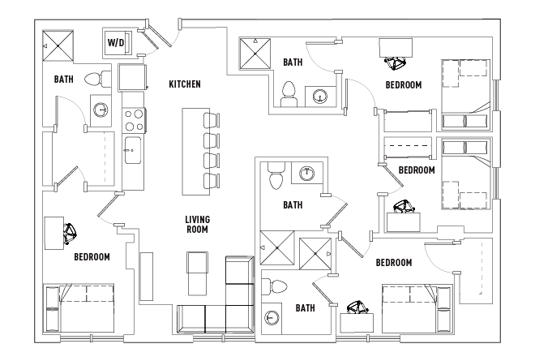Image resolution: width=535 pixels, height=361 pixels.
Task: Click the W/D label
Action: [116, 43]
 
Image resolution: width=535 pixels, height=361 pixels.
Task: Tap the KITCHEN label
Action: [185, 84]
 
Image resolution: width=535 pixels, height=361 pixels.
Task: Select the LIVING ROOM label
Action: [197, 225]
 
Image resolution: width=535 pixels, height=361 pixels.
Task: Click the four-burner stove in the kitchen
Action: [134, 120]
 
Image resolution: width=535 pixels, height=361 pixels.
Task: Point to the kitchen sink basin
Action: [133, 150]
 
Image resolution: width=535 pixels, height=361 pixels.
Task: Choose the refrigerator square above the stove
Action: [132, 77]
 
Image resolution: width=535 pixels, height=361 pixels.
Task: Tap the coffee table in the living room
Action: [197, 273]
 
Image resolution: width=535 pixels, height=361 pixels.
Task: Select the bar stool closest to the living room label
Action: [212, 181]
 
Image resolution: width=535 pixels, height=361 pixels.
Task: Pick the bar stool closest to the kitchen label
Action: [212, 120]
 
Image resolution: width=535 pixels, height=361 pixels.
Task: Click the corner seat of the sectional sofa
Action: [239, 319]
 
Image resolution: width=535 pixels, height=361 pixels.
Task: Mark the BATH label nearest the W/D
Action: [64, 80]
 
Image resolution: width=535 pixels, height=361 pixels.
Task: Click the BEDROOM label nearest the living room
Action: [92, 257]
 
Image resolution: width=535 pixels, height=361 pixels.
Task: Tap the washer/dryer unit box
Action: [117, 41]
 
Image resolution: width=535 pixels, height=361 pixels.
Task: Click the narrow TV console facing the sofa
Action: [147, 277]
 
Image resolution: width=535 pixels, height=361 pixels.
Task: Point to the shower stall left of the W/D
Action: [58, 45]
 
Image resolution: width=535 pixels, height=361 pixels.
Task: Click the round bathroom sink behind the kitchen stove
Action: [101, 110]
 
